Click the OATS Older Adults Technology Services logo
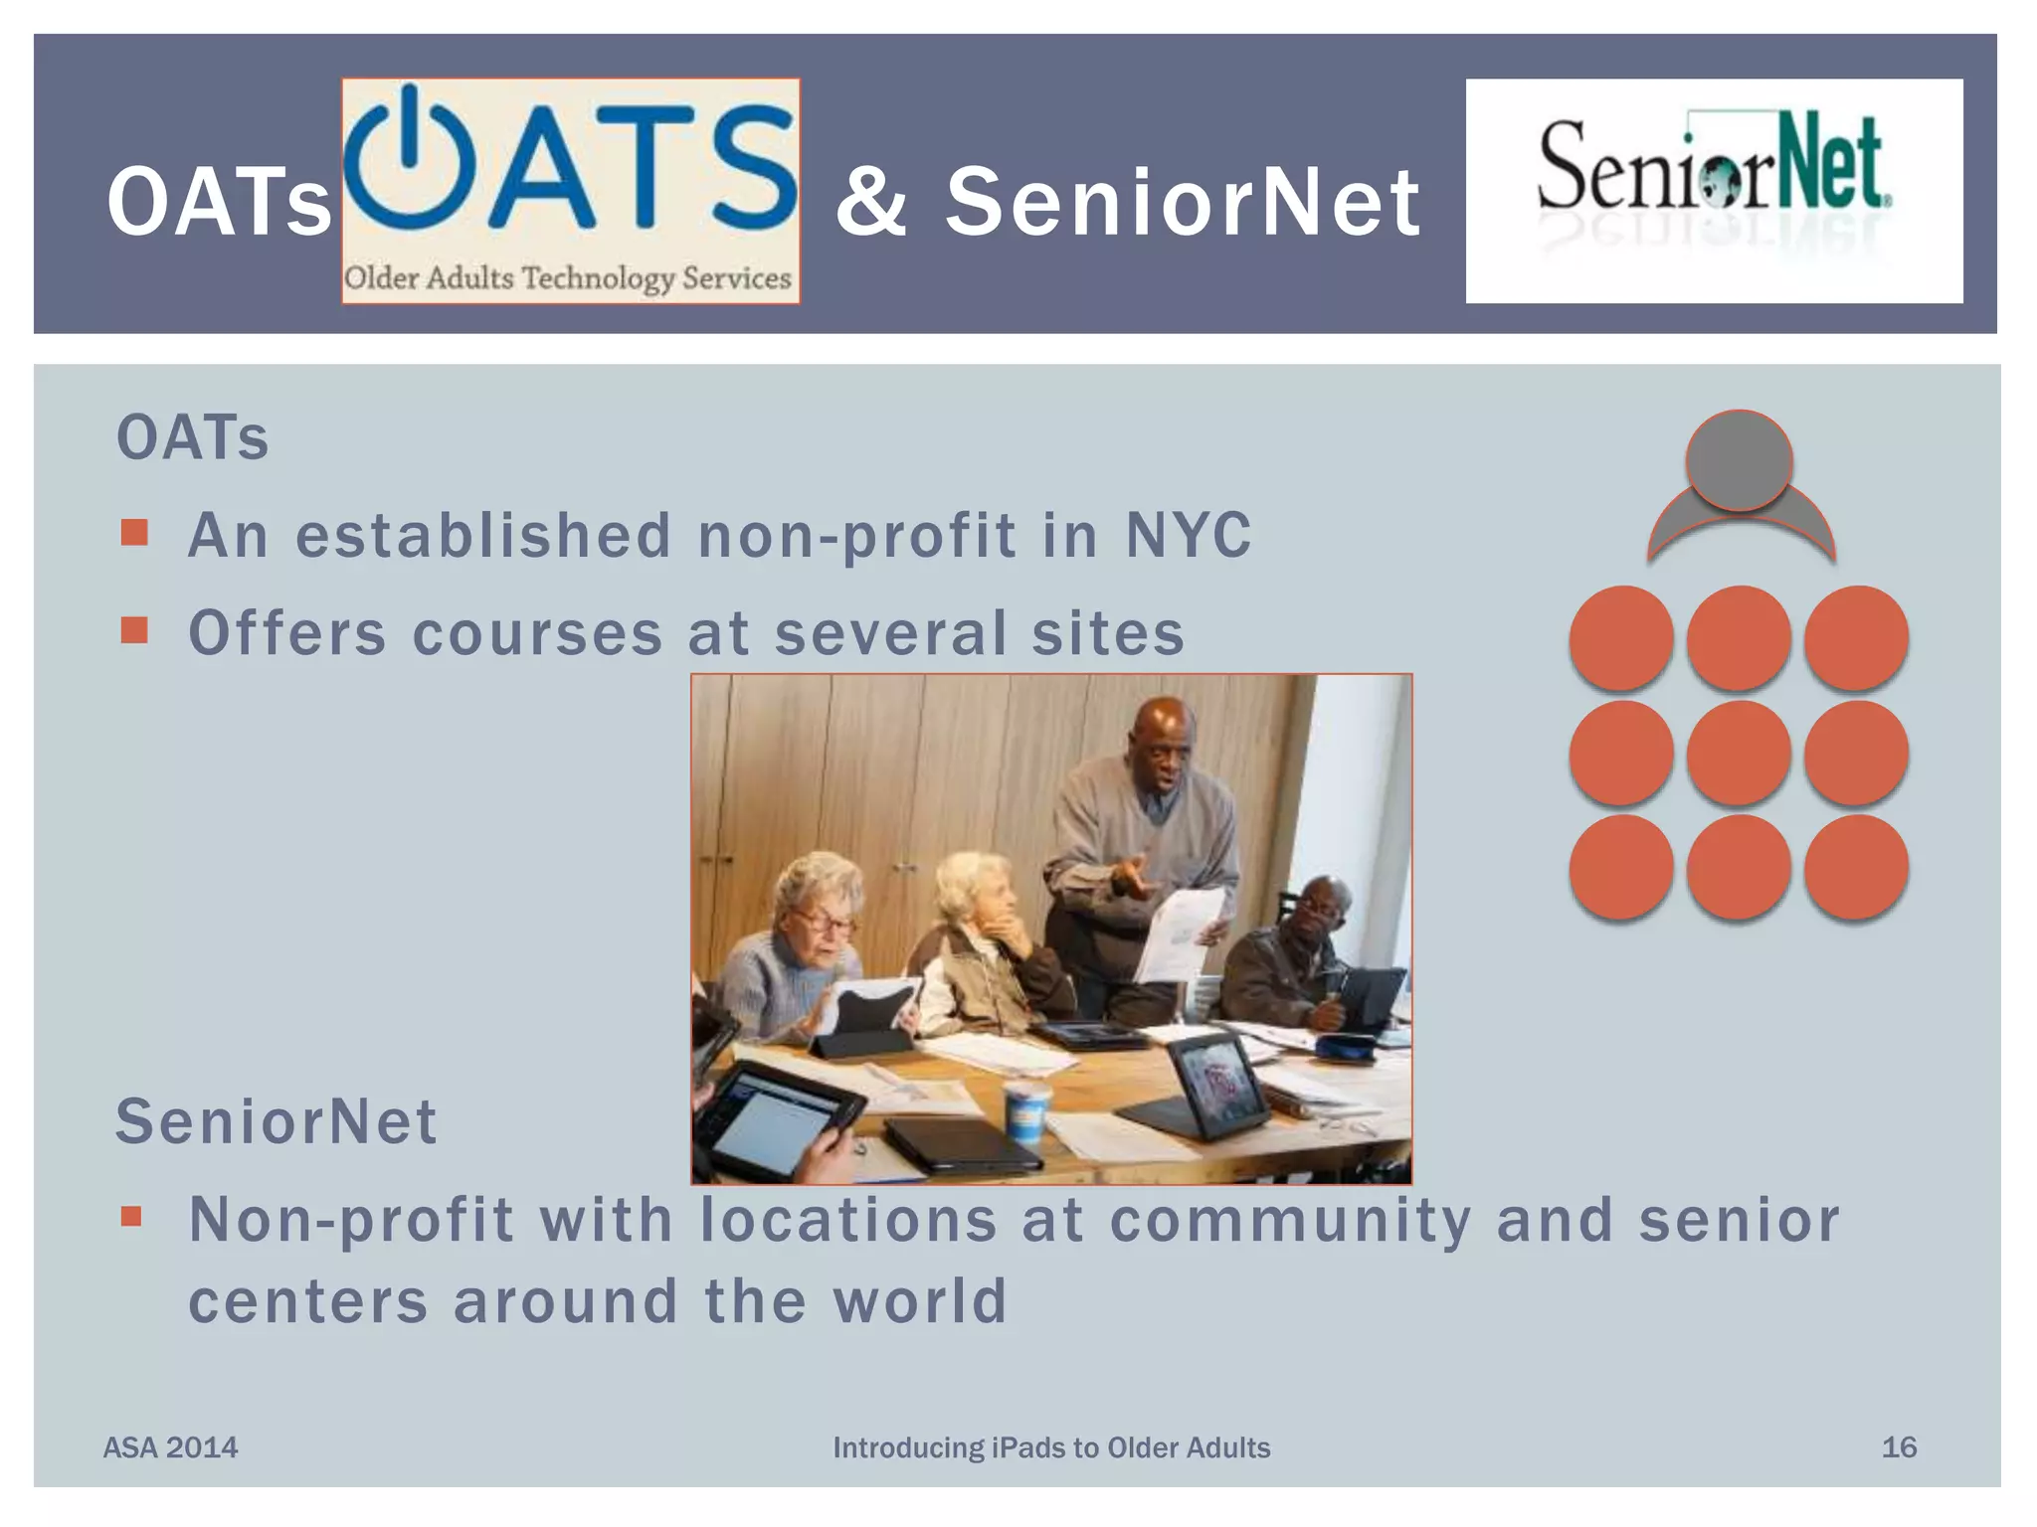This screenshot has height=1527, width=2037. pyautogui.click(x=571, y=191)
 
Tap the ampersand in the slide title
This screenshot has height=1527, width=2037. pyautogui.click(x=871, y=203)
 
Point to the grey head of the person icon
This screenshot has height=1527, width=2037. pyautogui.click(x=1739, y=460)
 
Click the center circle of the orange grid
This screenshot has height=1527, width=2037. pyautogui.click(x=1739, y=753)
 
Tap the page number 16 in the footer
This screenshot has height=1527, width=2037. pyautogui.click(x=1898, y=1446)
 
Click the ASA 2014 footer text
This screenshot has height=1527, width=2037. pyautogui.click(x=171, y=1447)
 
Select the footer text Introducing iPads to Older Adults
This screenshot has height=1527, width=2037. pyautogui.click(x=1051, y=1447)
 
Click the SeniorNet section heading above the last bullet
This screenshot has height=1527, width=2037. pyautogui.click(x=277, y=1122)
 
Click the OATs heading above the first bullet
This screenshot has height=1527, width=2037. pyautogui.click(x=193, y=438)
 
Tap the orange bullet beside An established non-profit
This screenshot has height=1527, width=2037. pyautogui.click(x=134, y=533)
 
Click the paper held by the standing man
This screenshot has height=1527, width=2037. pyautogui.click(x=1182, y=930)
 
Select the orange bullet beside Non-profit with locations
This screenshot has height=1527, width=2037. pyautogui.click(x=132, y=1217)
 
